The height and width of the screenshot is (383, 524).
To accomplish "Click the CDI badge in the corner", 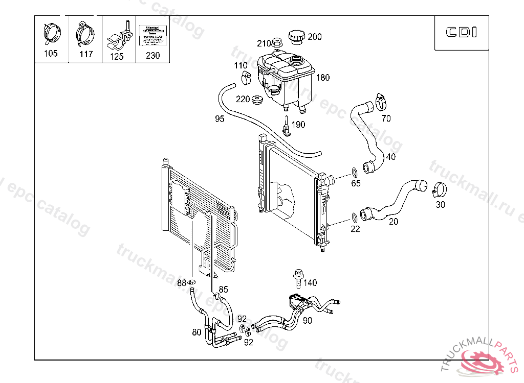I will pyautogui.click(x=461, y=33).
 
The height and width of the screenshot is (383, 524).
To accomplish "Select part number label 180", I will pyautogui.click(x=323, y=78).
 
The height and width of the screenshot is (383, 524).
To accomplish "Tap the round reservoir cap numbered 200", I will pyautogui.click(x=296, y=37).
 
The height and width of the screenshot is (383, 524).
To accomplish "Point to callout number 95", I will pyautogui.click(x=220, y=119).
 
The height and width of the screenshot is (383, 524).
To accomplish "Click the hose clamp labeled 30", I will pyautogui.click(x=438, y=191).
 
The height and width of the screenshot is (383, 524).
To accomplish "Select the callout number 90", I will pyautogui.click(x=307, y=321).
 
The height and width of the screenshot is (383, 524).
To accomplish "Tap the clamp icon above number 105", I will pyautogui.click(x=51, y=33).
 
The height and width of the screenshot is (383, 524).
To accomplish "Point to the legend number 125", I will pyautogui.click(x=117, y=57).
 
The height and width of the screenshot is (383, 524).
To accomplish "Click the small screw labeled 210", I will pyautogui.click(x=277, y=42).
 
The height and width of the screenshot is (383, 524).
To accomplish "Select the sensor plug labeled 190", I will pyautogui.click(x=288, y=126).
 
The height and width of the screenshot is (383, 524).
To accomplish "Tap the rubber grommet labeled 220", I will pyautogui.click(x=258, y=99).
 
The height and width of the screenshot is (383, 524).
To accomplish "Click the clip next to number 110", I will pyautogui.click(x=246, y=78).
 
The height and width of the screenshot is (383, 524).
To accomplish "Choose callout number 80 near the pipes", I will pyautogui.click(x=196, y=332).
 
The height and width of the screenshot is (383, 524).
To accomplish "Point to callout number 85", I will pyautogui.click(x=223, y=290).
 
